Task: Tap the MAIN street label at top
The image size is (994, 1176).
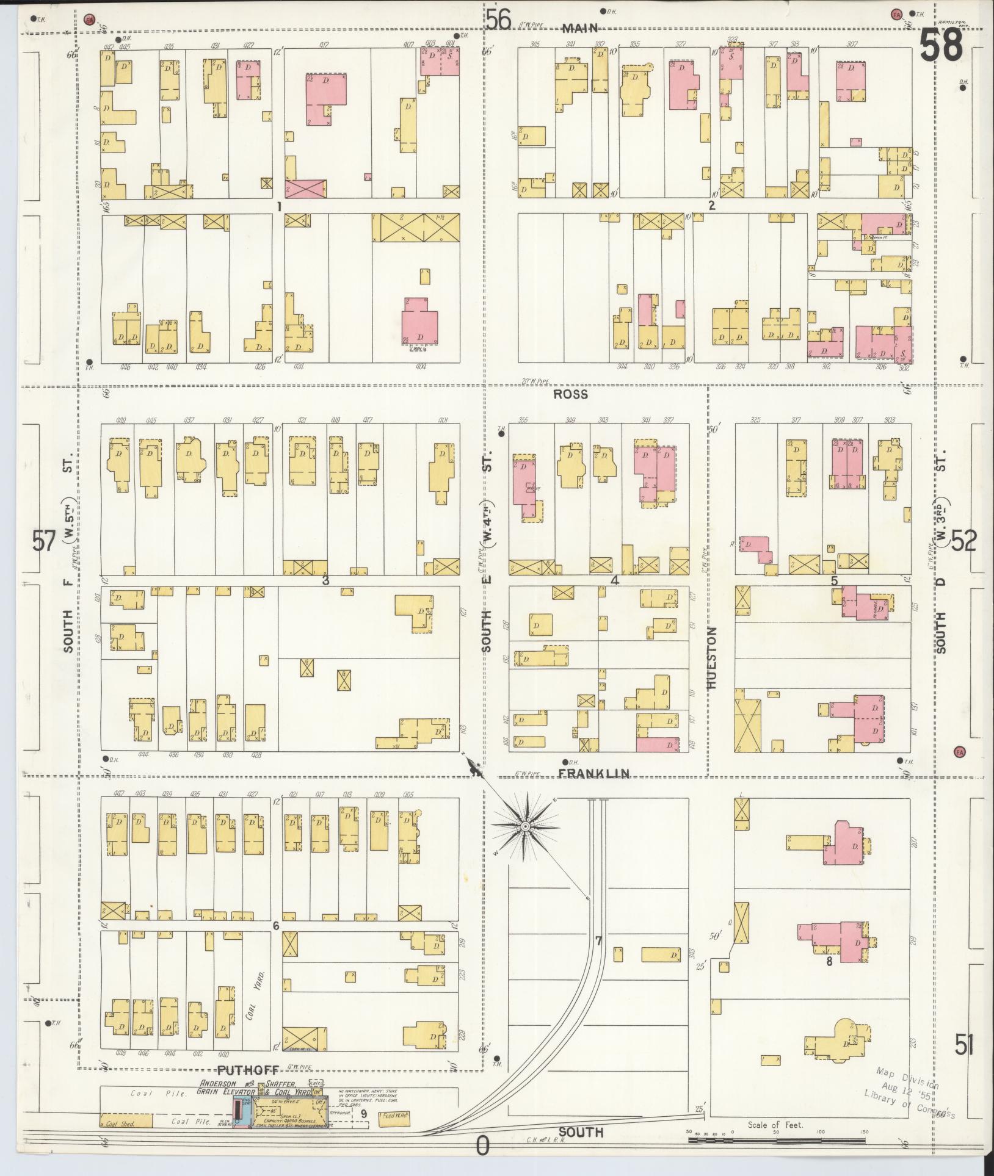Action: coord(579,28)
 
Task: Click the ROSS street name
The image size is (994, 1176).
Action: coord(571,394)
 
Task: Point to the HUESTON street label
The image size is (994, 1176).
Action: coord(712,658)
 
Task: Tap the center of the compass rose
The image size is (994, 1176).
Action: coord(525,826)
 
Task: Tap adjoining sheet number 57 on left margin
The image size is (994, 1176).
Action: coord(44,541)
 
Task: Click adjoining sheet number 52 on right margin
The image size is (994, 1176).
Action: coord(963,541)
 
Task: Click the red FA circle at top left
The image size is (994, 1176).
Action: coord(89,20)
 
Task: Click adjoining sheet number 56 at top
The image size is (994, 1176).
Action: coord(498,20)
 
